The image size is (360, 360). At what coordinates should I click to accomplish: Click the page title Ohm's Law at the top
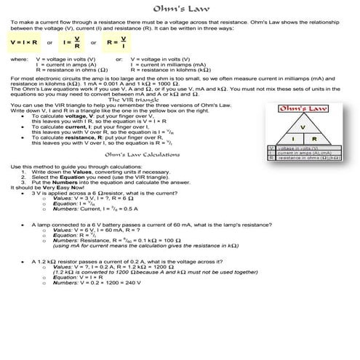pyautogui.click(x=180, y=9)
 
